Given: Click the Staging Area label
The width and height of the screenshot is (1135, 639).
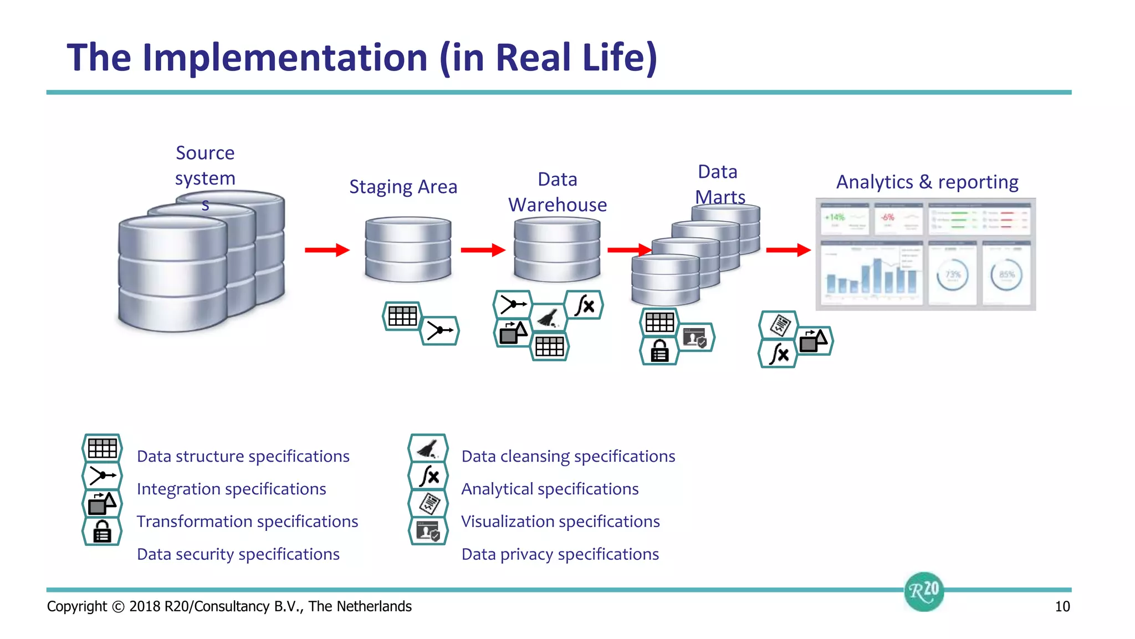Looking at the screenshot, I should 403,187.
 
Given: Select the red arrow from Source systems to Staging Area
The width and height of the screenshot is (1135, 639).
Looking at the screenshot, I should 327,250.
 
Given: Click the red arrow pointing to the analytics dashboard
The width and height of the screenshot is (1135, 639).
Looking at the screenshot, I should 788,250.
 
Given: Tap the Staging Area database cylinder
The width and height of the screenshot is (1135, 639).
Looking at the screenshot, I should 408,249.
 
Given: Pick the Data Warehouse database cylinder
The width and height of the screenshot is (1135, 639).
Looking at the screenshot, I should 557,249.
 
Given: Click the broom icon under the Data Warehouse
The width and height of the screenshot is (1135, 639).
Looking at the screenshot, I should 549,318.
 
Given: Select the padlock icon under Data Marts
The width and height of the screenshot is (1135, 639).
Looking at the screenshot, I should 659,351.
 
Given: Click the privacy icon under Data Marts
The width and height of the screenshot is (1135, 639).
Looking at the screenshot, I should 696,337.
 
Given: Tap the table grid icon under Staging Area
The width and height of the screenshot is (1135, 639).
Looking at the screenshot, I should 402,316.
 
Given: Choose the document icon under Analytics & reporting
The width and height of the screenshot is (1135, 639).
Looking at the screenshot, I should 779,325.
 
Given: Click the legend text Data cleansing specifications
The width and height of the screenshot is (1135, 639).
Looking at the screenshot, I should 568,456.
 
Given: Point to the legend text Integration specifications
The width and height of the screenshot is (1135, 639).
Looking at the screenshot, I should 231,489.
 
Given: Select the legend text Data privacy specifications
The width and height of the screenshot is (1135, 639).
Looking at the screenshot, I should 560,554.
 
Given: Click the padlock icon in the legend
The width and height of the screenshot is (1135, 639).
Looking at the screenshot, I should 102,531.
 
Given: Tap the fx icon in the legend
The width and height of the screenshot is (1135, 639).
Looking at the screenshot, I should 428,476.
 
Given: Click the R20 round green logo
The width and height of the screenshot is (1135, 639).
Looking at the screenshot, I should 924,591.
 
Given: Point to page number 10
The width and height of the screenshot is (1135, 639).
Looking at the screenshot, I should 1062,606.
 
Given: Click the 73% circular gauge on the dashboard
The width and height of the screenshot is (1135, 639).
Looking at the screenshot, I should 952,275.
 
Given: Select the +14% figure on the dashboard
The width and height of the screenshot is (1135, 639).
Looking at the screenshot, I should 835,217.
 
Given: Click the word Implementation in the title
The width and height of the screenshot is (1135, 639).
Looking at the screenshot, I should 285,58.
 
